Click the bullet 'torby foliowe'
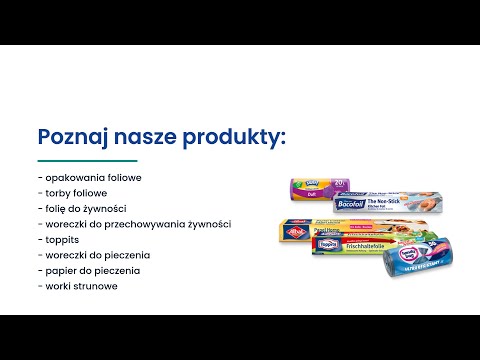71,193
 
